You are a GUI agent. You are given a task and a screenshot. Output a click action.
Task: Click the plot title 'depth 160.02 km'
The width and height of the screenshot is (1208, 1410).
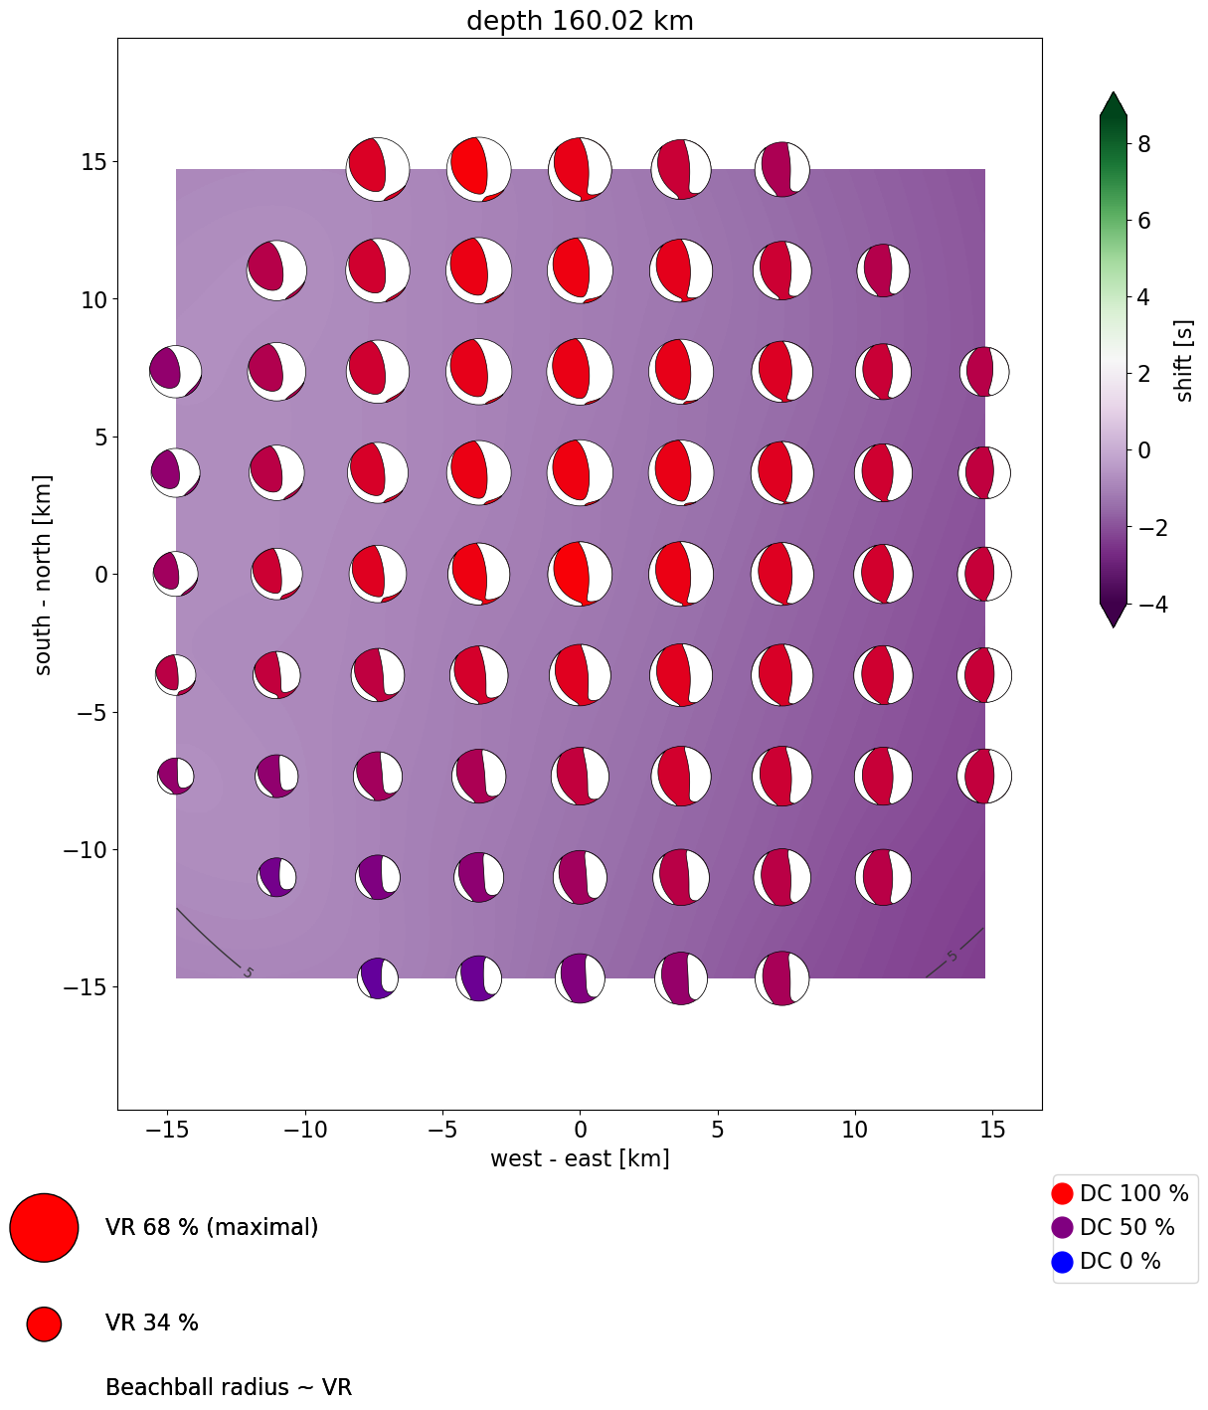click(x=580, y=21)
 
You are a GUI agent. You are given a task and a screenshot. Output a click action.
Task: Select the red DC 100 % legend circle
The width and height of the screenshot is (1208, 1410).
click(x=1062, y=1193)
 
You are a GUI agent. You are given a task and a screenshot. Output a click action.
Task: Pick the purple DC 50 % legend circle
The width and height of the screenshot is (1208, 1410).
click(x=1062, y=1227)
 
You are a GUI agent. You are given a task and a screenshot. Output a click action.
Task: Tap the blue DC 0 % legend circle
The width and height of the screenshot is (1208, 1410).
click(x=1062, y=1262)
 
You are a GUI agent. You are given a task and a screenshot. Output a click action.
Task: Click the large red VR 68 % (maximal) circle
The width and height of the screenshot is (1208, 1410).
click(x=44, y=1227)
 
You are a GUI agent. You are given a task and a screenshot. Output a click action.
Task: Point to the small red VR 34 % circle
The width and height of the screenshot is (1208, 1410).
click(x=44, y=1323)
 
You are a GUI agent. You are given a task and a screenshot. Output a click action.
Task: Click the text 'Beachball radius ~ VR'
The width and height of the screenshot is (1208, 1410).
click(x=229, y=1387)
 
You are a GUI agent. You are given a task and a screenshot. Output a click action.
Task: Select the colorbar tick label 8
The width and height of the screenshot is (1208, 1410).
click(x=1144, y=144)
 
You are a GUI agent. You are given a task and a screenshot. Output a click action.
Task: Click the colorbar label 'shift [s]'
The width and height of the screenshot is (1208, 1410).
click(x=1184, y=361)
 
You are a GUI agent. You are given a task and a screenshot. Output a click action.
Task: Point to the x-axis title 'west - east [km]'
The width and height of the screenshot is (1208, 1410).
click(x=580, y=1158)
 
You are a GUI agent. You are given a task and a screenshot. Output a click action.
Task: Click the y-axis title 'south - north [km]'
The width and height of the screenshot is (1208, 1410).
click(x=44, y=575)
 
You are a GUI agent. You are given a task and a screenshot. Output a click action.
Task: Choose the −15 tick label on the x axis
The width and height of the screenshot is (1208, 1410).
click(x=166, y=1130)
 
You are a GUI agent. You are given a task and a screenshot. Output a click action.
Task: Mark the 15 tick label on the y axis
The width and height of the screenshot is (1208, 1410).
click(x=95, y=161)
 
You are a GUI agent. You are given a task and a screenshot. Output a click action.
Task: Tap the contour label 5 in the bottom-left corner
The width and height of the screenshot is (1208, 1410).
click(x=248, y=971)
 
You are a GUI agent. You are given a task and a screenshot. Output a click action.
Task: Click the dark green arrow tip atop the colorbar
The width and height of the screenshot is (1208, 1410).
click(x=1113, y=101)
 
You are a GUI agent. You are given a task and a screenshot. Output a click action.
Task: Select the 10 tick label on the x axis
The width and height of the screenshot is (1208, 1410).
click(x=855, y=1130)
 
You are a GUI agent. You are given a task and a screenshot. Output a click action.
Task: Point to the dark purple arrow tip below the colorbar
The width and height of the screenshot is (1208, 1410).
click(x=1113, y=617)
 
